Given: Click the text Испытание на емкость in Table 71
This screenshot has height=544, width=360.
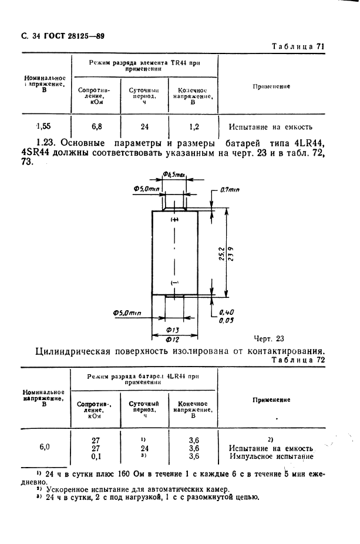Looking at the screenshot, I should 271,126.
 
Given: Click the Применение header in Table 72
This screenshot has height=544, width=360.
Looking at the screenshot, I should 271,399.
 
